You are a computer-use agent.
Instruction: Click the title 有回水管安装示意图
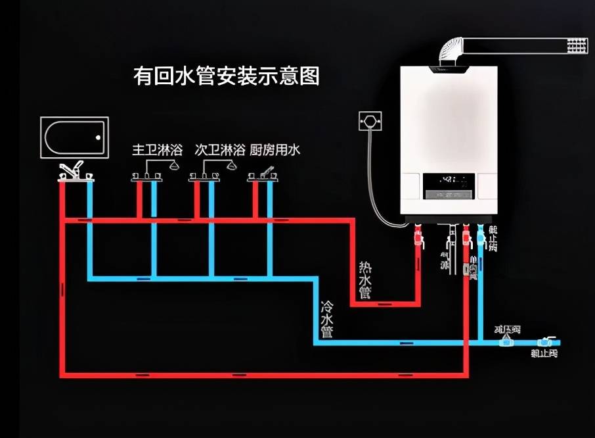tap(226, 76)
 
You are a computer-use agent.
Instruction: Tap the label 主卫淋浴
tap(150, 150)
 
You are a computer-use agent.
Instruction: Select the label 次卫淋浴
tap(219, 150)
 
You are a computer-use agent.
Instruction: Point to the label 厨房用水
tap(275, 150)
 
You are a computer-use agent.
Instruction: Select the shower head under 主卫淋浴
tap(175, 166)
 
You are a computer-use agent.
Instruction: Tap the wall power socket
tap(370, 122)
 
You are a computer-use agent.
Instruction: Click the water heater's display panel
tap(449, 186)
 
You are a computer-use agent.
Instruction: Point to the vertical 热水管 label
tap(365, 280)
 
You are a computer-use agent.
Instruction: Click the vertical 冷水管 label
tap(326, 319)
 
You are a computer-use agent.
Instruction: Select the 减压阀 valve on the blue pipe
tap(504, 340)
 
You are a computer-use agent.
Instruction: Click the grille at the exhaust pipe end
tap(577, 45)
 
